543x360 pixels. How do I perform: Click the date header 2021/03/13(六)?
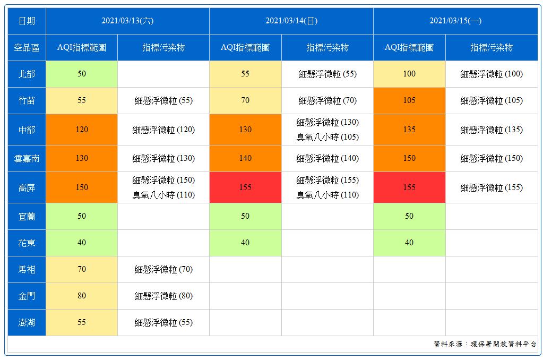tap(127, 21)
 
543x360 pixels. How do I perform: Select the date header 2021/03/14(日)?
tap(291, 21)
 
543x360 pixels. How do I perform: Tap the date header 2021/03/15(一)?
tap(455, 21)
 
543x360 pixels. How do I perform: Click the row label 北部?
tap(27, 74)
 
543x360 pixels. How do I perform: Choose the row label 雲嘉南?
tap(27, 158)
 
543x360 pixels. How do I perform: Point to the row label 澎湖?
tap(27, 322)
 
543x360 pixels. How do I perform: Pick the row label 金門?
tap(27, 296)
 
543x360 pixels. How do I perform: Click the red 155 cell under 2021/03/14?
tap(245, 187)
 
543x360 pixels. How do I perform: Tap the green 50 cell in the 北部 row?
tap(82, 74)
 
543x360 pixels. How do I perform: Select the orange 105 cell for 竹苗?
tap(409, 100)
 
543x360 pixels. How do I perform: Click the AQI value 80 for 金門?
tap(82, 296)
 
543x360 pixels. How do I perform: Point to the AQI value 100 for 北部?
tap(409, 74)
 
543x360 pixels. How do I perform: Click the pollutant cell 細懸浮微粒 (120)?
tap(163, 130)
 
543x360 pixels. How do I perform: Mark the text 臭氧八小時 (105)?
tap(327, 137)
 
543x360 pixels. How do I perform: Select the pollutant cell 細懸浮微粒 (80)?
tap(163, 296)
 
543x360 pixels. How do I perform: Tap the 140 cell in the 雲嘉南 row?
tap(245, 158)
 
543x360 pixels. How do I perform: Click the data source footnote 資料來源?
tap(485, 344)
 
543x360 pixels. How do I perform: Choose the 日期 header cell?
tap(27, 21)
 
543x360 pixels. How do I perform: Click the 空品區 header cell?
tap(27, 48)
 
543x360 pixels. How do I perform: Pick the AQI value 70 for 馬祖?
tap(82, 269)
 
